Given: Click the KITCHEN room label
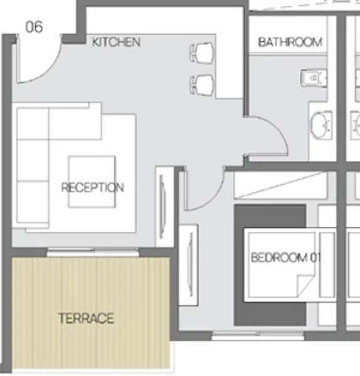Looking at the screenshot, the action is point(116,42).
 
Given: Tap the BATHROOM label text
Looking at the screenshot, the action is point(290,42).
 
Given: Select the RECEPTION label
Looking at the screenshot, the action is point(93,187).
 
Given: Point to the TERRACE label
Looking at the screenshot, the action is point(86,318).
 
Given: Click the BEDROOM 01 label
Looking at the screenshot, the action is point(285,258).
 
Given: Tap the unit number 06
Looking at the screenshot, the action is point(34,27).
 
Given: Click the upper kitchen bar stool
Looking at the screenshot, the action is point(202,53).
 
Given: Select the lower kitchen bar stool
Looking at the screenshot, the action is point(202,85).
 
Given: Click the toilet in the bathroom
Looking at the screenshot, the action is point(314,78).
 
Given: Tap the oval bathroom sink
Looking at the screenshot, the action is point(321,125).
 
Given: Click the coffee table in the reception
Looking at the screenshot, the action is point(92,182).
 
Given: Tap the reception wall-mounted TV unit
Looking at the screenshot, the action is point(165,207).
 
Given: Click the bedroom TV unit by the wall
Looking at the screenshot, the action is point(189,265).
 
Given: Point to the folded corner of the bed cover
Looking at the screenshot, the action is point(305,286).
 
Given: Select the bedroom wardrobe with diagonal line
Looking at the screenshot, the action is point(281,185).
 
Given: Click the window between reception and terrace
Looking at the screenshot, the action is point(93,253).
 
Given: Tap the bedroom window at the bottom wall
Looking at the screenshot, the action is point(258,335).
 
